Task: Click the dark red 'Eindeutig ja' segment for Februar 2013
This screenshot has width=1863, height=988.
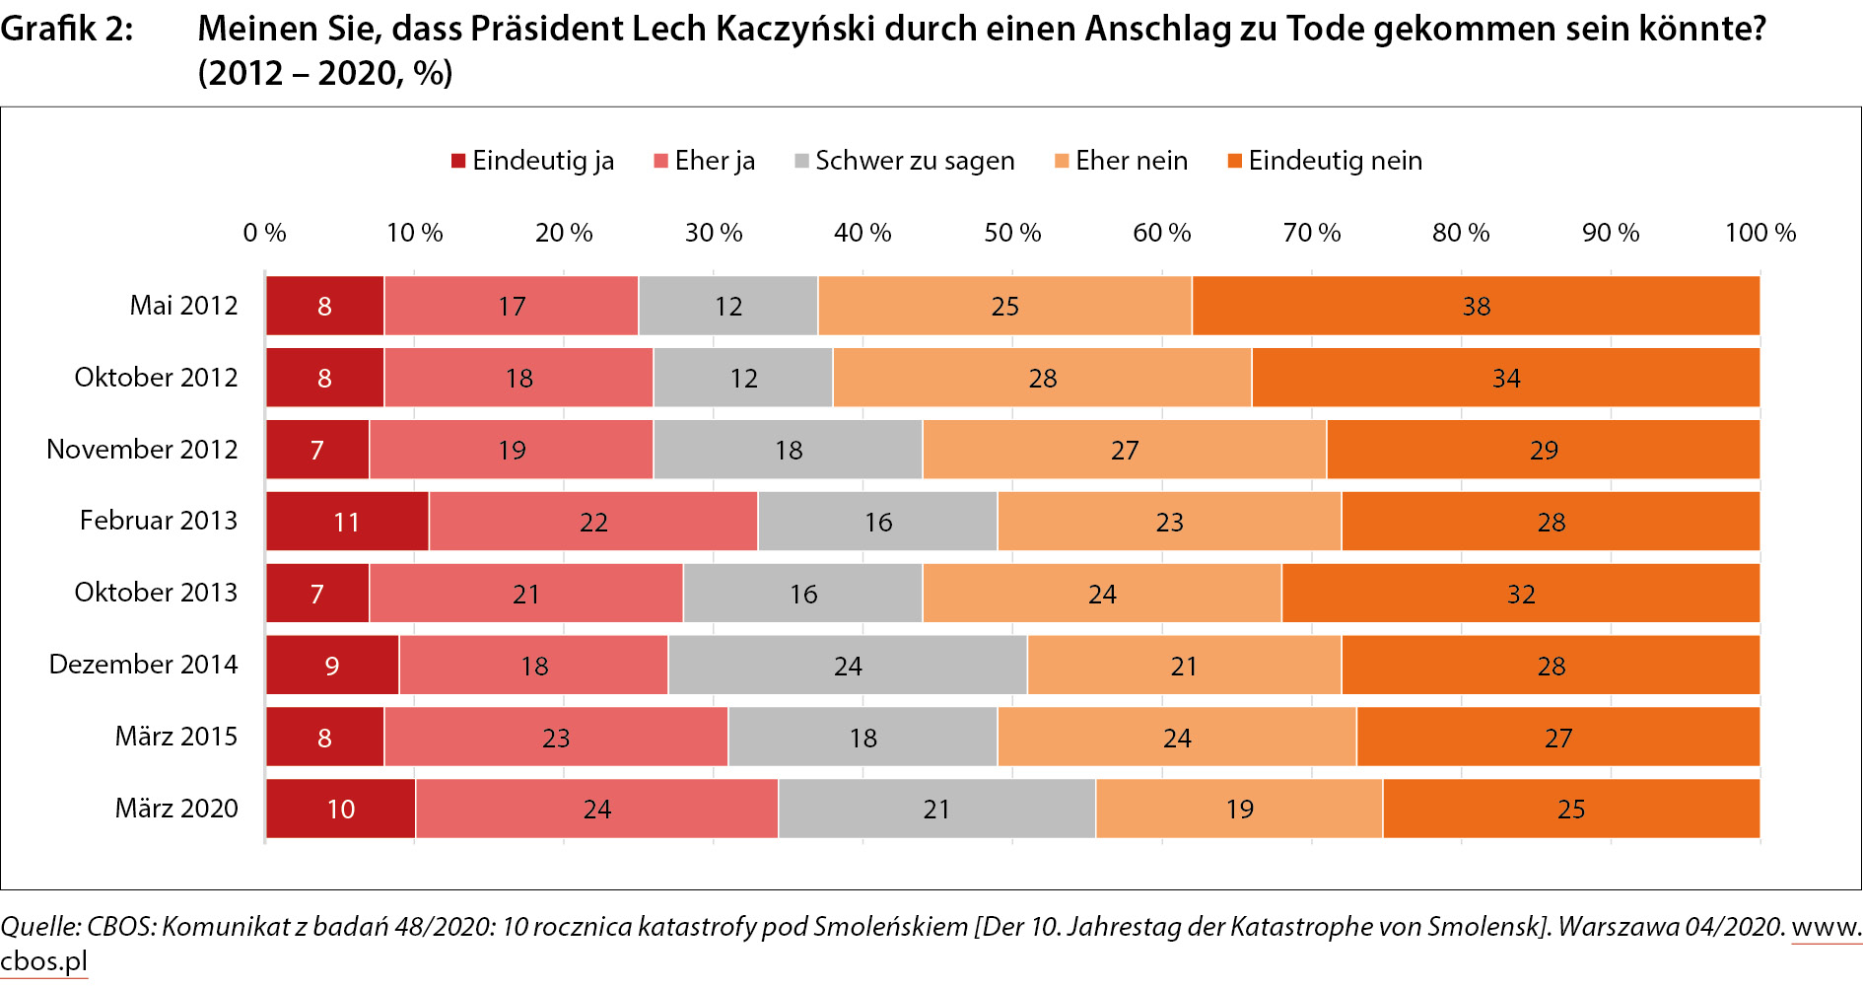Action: coord(347,522)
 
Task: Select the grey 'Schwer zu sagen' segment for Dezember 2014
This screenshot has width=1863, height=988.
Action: coord(848,666)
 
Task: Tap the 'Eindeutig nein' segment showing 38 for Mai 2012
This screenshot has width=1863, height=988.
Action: coord(1476,306)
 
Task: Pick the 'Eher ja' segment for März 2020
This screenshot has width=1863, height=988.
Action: coord(596,809)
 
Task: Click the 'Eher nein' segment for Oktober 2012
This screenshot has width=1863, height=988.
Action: coord(1042,378)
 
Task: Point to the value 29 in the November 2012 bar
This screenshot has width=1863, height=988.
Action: coord(1544,450)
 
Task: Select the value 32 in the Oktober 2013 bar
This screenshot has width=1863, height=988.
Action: coord(1521,594)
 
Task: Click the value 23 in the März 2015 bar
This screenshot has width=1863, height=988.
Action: coord(556,738)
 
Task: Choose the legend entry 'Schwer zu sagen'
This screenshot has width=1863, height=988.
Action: coord(914,161)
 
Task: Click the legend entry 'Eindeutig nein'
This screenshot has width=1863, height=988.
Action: coord(1335,161)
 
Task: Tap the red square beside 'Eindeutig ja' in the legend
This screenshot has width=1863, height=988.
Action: coord(458,161)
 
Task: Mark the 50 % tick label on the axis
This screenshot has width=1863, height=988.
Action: coord(1012,233)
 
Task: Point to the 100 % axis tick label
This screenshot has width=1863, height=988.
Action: coord(1760,233)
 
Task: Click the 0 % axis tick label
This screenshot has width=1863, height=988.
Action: coord(264,233)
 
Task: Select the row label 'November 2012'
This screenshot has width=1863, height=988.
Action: coord(142,450)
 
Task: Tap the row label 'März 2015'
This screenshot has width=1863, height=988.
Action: coord(176,737)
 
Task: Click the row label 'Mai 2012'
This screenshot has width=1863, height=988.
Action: coord(183,306)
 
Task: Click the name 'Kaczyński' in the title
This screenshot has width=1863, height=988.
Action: coord(794,29)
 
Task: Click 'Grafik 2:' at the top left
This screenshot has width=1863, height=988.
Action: coord(67,29)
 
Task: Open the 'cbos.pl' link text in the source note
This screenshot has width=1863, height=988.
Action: coord(43,960)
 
